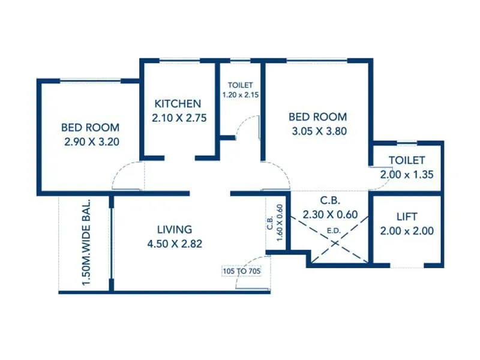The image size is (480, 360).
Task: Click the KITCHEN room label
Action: tap(178, 103)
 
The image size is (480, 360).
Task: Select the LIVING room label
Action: tap(174, 229)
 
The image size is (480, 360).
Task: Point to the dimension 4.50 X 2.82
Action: tap(174, 244)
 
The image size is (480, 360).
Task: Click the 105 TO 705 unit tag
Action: tap(241, 271)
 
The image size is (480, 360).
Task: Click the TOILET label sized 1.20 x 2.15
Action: tap(240, 85)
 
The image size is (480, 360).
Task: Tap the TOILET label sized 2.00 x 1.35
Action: tap(406, 160)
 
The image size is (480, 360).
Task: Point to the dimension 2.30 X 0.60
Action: tap(330, 214)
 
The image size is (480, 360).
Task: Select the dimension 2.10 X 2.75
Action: tap(179, 118)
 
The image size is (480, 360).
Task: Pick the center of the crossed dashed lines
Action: tap(329, 227)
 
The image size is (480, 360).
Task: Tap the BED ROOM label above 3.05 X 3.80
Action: tap(317, 116)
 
